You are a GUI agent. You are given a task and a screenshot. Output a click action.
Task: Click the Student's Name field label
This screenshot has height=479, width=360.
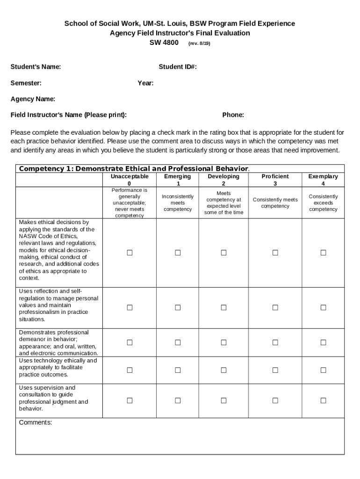click(36, 67)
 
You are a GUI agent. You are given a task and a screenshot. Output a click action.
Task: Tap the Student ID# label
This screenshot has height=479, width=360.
click(178, 67)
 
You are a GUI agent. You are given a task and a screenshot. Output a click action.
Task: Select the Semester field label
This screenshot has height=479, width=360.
click(26, 83)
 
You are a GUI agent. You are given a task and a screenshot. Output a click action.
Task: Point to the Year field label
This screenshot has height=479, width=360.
click(145, 83)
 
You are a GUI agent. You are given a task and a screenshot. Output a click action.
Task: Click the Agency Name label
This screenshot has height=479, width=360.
click(33, 99)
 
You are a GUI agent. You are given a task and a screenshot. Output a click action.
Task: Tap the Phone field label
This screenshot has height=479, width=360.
click(233, 115)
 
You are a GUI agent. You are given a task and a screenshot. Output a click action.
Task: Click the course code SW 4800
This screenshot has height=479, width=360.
click(164, 43)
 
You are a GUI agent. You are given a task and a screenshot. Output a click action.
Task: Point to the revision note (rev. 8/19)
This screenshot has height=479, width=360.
click(199, 43)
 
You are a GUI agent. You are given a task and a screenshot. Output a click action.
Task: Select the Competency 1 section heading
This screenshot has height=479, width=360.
click(134, 168)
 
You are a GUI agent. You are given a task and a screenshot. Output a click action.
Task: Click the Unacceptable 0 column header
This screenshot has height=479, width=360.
click(130, 180)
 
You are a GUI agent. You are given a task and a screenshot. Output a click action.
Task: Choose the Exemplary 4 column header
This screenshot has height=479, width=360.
click(323, 180)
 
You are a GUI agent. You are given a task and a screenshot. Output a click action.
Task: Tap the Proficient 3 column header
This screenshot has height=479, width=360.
click(275, 180)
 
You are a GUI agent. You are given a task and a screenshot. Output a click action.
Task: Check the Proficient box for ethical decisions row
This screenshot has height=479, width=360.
click(275, 253)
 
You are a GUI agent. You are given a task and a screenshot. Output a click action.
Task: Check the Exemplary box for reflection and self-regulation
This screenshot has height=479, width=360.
click(323, 307)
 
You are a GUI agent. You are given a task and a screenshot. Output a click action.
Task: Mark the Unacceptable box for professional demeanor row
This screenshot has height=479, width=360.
click(130, 343)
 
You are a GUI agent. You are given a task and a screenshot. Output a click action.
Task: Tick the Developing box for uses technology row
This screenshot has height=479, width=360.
click(223, 370)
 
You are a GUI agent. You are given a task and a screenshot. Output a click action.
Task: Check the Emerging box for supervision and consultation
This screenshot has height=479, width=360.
click(178, 400)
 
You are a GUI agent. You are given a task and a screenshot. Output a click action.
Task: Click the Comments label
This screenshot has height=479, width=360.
click(36, 422)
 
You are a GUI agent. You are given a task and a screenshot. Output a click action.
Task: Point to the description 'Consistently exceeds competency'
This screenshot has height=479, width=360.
click(323, 203)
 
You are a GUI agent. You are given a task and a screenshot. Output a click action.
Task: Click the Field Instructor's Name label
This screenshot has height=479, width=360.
click(69, 115)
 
